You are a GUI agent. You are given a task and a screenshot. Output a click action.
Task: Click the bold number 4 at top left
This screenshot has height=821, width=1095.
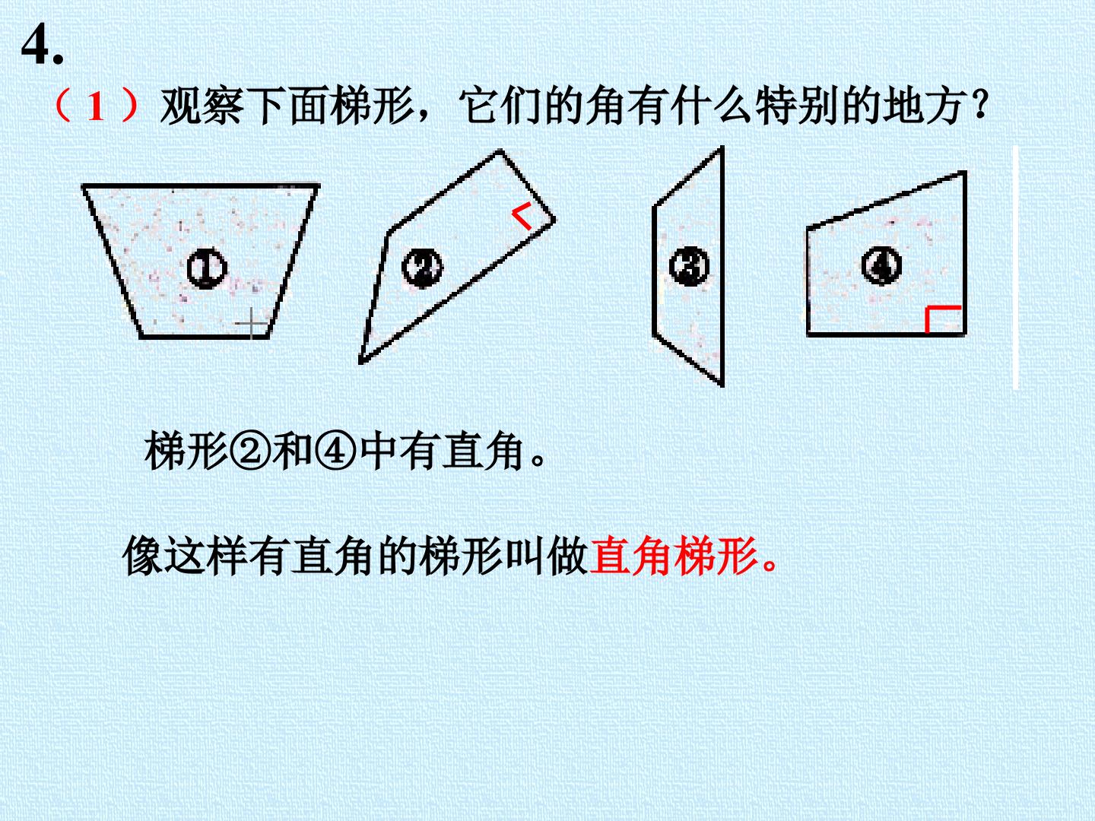36,45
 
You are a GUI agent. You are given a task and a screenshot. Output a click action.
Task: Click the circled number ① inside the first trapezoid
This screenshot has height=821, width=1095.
207,268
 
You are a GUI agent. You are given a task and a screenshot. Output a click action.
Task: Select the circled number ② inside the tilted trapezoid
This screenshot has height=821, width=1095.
422,268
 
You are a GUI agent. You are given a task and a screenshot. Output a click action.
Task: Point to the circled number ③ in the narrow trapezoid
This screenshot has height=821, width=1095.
689,266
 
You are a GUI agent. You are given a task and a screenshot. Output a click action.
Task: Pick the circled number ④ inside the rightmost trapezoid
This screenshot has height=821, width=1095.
881,266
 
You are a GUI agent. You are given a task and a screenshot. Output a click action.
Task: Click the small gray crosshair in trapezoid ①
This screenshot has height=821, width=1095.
252,323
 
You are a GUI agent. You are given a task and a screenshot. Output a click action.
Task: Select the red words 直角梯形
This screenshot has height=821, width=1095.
674,556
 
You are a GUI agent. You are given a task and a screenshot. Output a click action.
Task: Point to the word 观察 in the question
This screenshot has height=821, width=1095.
202,106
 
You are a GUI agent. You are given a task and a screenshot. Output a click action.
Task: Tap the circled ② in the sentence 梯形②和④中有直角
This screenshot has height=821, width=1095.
250,451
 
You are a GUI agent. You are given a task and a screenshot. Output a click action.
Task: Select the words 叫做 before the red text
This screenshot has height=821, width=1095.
547,556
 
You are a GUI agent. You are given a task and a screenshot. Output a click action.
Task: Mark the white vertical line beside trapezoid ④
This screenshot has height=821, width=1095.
1016,267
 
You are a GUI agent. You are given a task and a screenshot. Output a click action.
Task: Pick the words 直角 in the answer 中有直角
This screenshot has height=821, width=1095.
483,451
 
